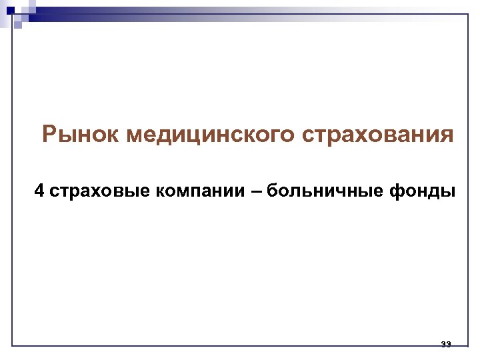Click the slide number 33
pyautogui.click(x=446, y=344)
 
